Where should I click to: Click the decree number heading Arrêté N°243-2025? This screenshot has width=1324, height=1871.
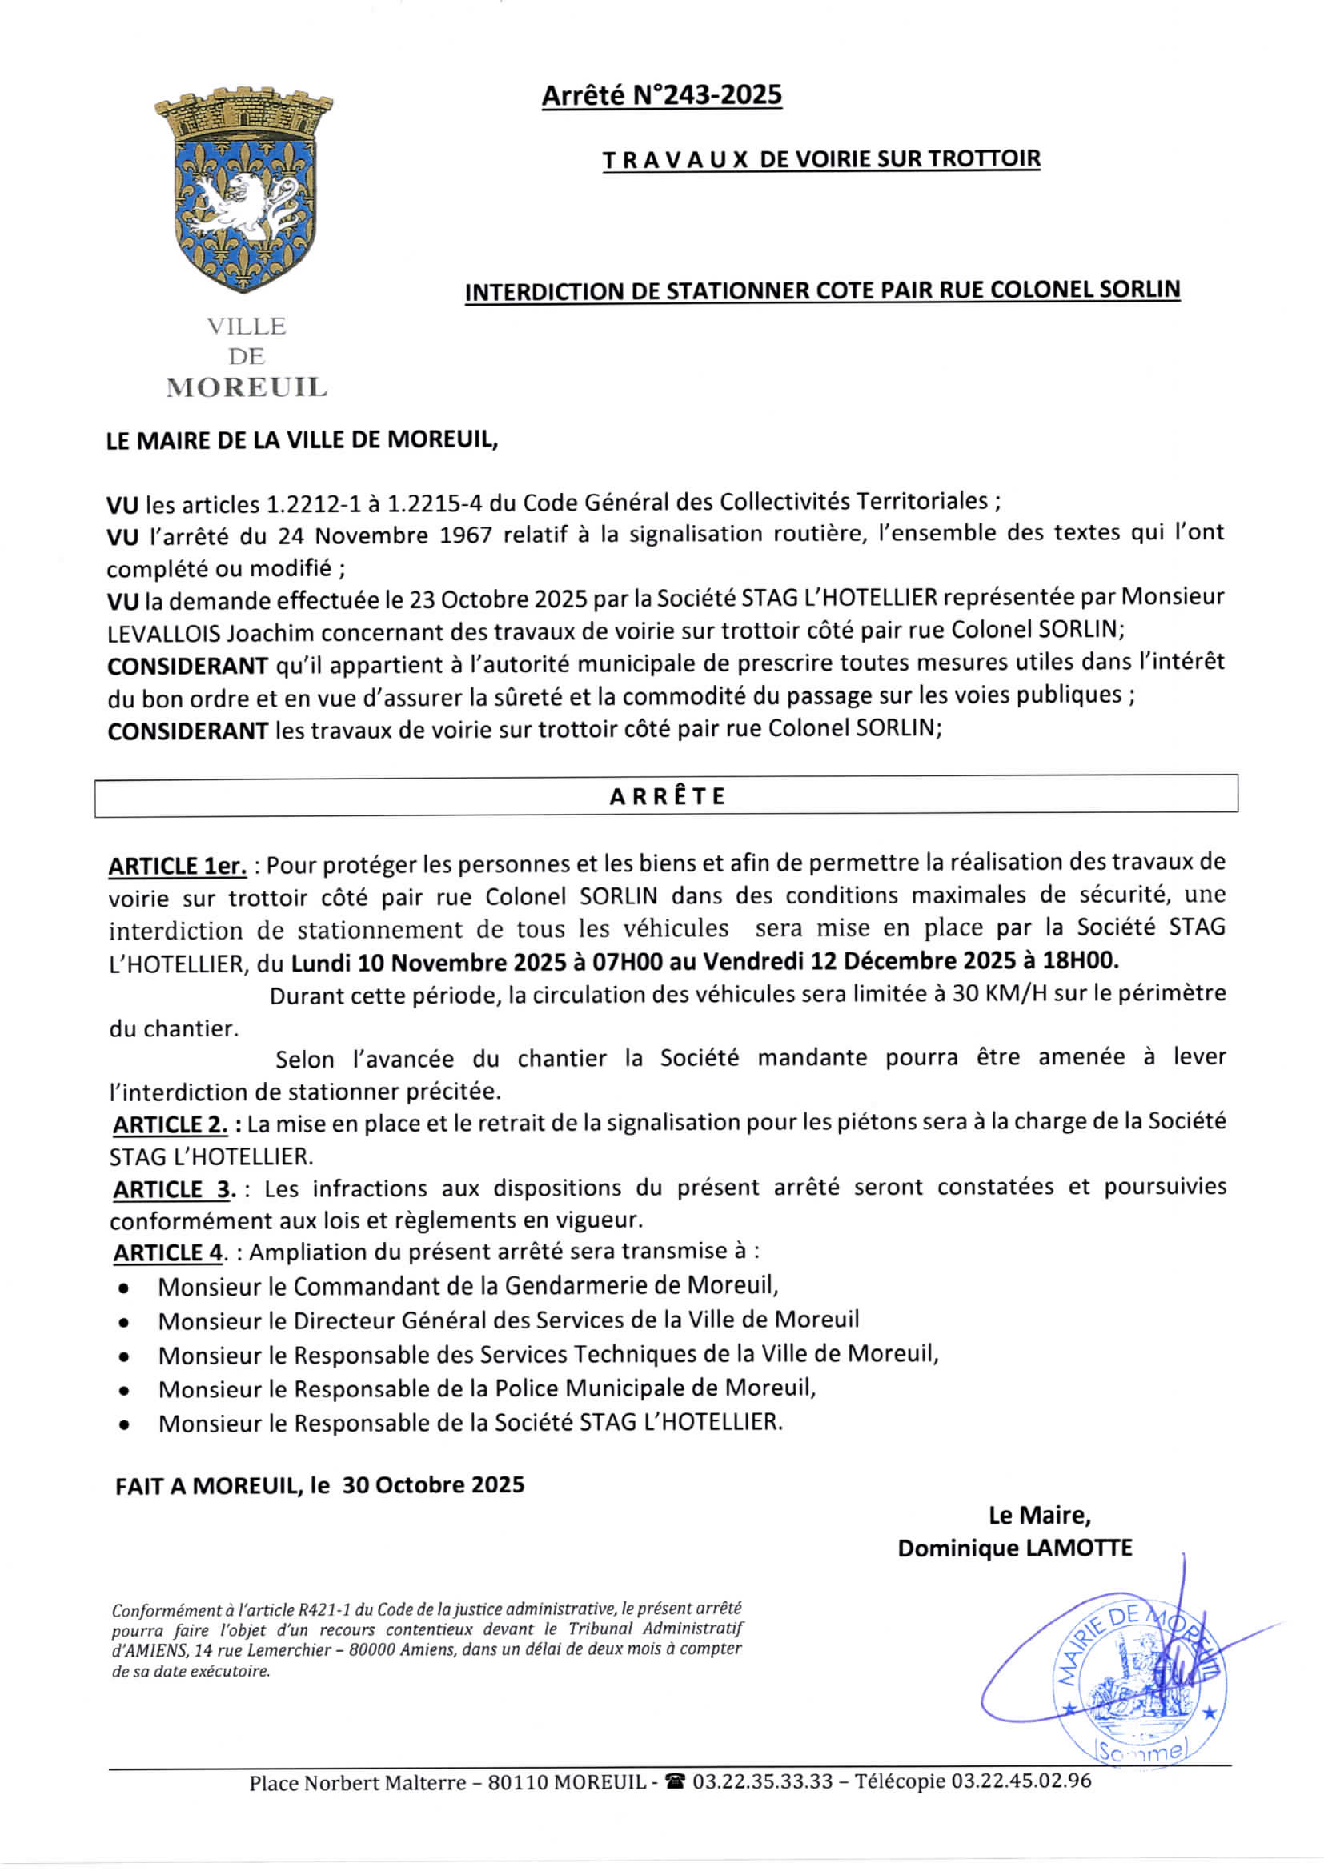(661, 96)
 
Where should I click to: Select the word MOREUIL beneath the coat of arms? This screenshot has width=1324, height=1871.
(247, 387)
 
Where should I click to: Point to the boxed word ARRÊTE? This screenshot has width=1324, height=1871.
(666, 796)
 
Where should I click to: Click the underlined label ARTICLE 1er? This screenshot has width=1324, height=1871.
(177, 866)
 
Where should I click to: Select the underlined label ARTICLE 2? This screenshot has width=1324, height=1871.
(171, 1125)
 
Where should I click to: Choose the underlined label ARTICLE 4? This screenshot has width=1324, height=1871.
(167, 1252)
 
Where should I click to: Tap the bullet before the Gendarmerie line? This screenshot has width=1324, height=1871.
(123, 1289)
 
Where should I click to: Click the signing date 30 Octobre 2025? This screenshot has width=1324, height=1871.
(433, 1484)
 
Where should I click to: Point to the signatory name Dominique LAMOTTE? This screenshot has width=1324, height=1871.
(1014, 1548)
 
